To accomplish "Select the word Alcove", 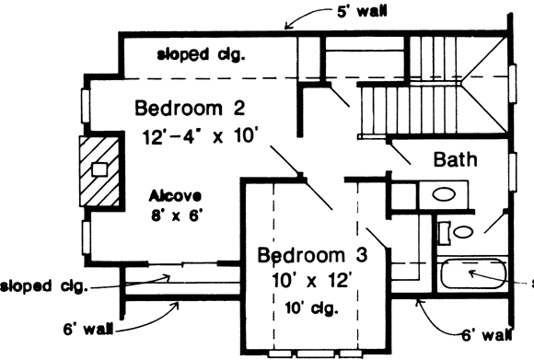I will coord(176,197).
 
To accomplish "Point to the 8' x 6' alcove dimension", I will coord(176,217).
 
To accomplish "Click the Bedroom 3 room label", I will coord(305,253).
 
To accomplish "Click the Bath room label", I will coord(455,159).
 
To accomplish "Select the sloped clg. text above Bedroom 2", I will coord(202,54).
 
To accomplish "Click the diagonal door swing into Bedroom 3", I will coord(318,195).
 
